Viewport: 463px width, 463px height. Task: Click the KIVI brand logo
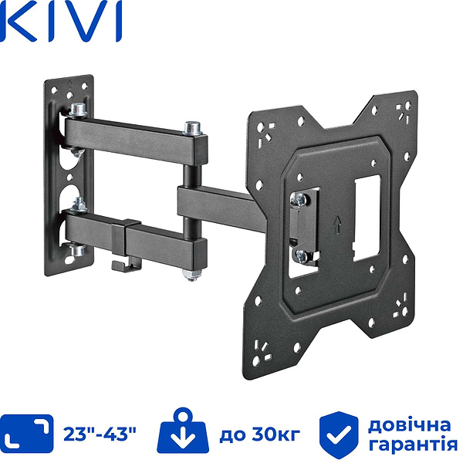62,23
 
